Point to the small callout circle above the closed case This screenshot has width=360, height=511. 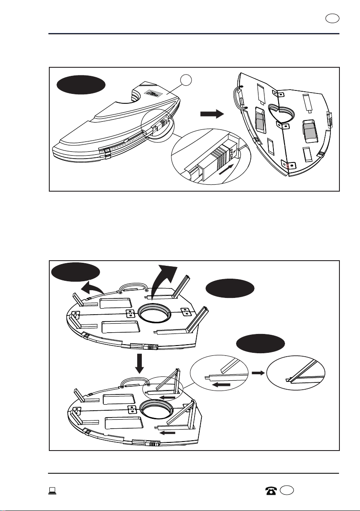[x=185, y=79]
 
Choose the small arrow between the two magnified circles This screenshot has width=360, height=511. [x=257, y=373]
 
